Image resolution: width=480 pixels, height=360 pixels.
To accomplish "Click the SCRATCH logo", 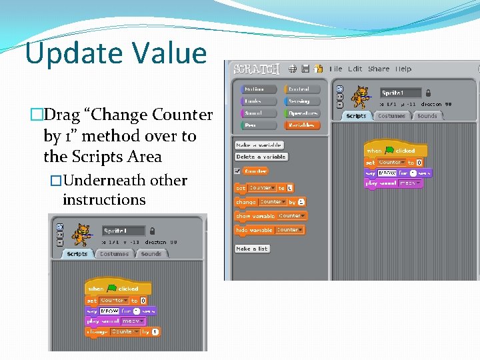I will point(256,69).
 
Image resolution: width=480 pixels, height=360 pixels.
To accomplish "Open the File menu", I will point(336,69).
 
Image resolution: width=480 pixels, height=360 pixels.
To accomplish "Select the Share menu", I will point(379,69).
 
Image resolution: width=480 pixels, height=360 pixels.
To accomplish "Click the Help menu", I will point(403,69).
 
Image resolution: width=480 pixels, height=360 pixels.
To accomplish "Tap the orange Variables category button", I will point(302,125).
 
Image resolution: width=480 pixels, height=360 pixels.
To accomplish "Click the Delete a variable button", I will point(261,157).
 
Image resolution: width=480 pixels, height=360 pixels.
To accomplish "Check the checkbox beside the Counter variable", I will point(237,171).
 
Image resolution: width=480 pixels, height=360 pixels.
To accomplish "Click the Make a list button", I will point(252,249).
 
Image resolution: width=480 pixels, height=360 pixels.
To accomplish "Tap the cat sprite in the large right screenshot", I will point(361,96).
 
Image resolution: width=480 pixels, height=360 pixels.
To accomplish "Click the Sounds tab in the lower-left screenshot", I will point(151,254).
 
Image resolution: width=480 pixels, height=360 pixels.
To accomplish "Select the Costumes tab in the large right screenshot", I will point(391,116).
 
